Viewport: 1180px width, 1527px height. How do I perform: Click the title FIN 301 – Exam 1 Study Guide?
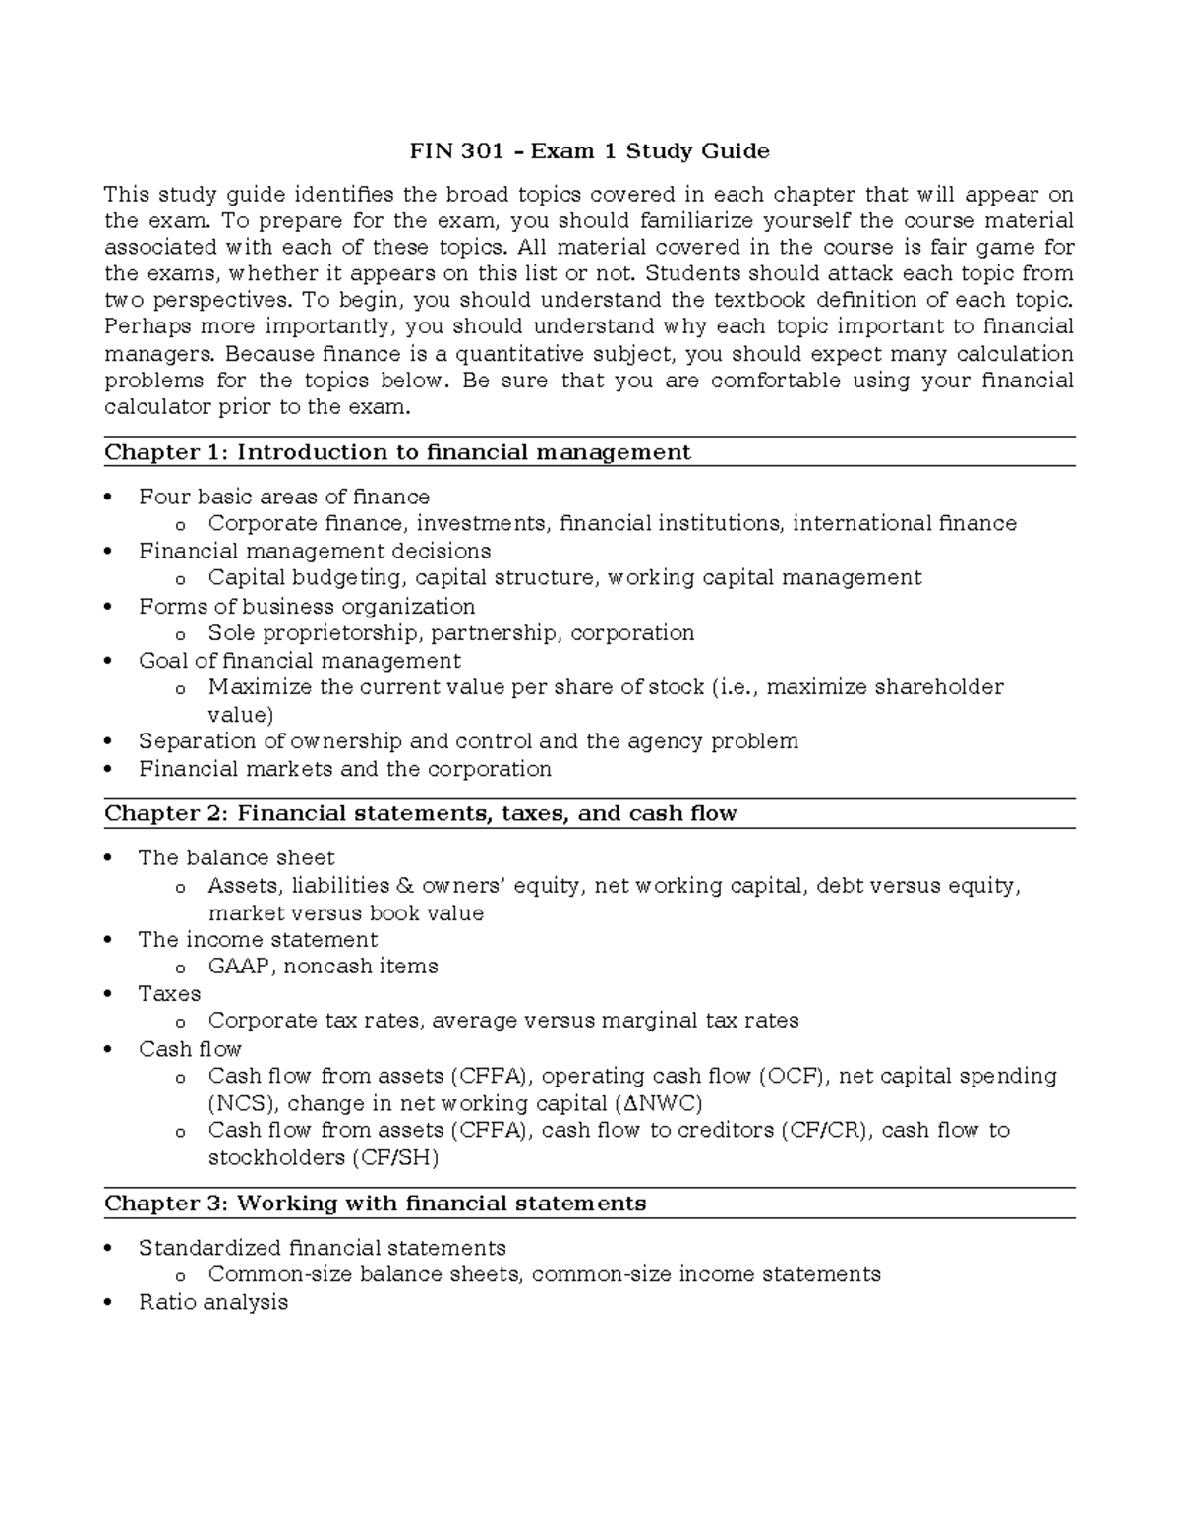point(589,151)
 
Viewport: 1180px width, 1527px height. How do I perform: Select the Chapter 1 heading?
point(397,452)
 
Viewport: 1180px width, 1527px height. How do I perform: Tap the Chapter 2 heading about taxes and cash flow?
point(420,813)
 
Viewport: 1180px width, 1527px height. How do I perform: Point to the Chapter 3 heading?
point(375,1204)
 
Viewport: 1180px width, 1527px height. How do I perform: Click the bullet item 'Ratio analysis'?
point(213,1302)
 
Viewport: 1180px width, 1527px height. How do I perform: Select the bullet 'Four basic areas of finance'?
point(283,497)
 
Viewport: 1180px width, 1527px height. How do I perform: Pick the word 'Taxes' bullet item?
point(169,993)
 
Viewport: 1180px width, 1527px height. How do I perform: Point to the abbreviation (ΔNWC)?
point(658,1103)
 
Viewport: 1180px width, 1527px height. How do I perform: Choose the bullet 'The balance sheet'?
point(236,857)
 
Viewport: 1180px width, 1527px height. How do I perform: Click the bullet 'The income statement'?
point(258,939)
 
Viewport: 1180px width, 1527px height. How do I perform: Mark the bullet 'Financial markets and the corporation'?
point(344,769)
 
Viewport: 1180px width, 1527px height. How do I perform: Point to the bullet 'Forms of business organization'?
point(307,606)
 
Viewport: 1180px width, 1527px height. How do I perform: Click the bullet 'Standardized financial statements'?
point(322,1248)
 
